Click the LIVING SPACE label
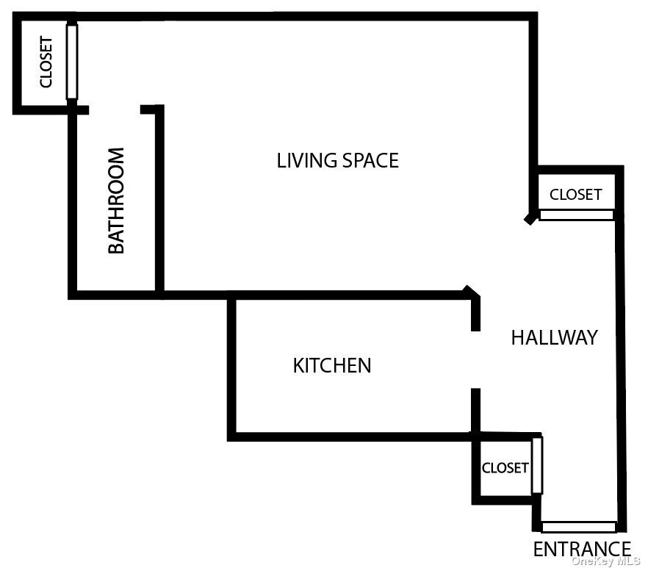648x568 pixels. click(x=337, y=160)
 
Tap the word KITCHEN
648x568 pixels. click(x=331, y=365)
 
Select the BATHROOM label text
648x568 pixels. click(x=116, y=201)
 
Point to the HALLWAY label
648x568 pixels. click(x=554, y=337)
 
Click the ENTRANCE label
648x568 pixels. click(x=581, y=549)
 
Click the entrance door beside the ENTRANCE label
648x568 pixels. click(x=579, y=527)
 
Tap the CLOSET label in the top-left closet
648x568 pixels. click(x=46, y=62)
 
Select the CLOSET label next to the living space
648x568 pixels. click(x=575, y=195)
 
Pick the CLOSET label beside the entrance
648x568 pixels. click(x=505, y=468)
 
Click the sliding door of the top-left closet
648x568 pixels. click(x=71, y=62)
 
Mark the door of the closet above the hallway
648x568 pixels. click(x=576, y=215)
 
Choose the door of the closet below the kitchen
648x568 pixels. click(x=537, y=465)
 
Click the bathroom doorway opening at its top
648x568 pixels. click(x=115, y=110)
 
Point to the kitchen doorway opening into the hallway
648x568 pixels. click(x=475, y=360)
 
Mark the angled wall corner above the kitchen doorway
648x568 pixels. click(x=472, y=293)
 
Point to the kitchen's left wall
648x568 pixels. click(x=231, y=367)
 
